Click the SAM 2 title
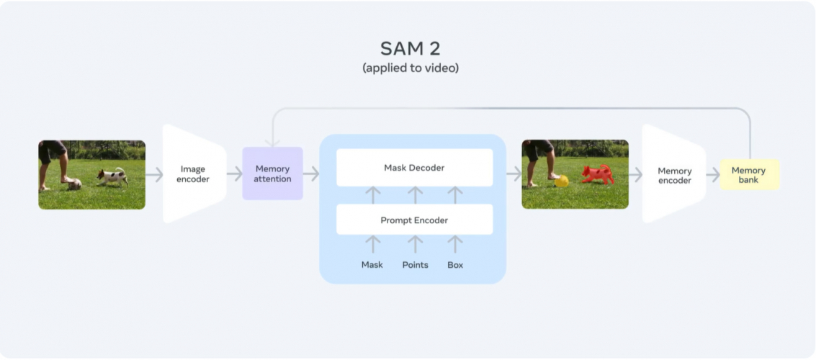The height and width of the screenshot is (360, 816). (x=410, y=48)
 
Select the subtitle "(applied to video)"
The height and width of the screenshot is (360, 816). (x=410, y=68)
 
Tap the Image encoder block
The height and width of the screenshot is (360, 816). (x=194, y=174)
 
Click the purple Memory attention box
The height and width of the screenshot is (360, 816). (x=272, y=174)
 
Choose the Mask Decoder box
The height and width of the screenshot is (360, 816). (x=414, y=168)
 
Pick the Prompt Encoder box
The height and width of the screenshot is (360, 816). (x=414, y=220)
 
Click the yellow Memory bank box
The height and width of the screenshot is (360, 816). (x=748, y=174)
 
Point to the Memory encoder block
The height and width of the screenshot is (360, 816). (x=674, y=175)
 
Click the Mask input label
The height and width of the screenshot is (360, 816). (x=372, y=265)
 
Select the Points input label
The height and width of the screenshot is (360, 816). (x=415, y=265)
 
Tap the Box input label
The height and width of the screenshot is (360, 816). (x=455, y=265)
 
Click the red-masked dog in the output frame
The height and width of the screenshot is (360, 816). (x=596, y=174)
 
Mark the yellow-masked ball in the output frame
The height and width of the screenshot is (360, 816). (x=562, y=181)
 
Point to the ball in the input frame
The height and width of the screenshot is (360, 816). (x=74, y=184)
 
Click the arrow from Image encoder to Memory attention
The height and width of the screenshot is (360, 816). (x=235, y=174)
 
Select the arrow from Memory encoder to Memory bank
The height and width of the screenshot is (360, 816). (x=712, y=174)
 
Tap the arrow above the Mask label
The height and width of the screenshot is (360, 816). (x=372, y=243)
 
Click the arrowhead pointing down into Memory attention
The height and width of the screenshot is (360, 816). (x=272, y=142)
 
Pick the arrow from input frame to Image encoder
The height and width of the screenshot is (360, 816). (x=154, y=174)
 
